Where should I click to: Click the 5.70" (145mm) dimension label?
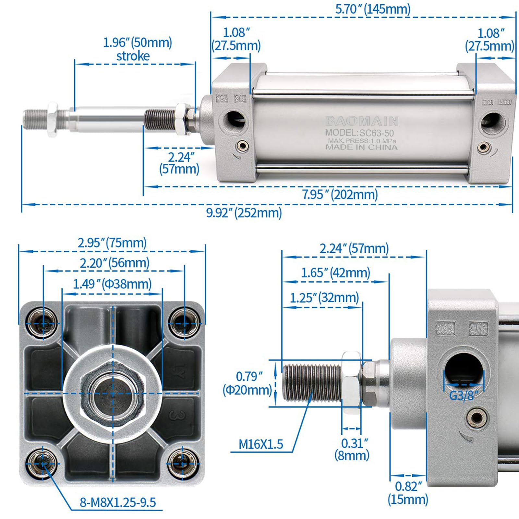coord(373,9)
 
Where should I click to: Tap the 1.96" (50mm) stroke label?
coord(137,49)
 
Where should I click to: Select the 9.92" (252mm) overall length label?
coord(244,213)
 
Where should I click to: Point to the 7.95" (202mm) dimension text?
coord(340,195)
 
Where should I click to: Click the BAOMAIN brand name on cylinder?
coord(362,121)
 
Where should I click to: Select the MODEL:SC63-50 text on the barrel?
coord(359,133)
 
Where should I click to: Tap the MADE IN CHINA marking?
coord(361,147)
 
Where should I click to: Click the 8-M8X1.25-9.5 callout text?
coord(118,502)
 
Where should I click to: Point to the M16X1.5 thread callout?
coord(261,444)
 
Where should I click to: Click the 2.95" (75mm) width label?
coord(112,243)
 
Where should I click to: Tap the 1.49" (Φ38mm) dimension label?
coord(112,284)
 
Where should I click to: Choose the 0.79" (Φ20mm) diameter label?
coord(247,383)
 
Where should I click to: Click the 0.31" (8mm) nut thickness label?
coord(352,449)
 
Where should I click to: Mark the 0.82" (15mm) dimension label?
coord(408,493)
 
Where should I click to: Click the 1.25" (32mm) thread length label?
coord(324,297)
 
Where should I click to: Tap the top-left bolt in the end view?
coord(43,323)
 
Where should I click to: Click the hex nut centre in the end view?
coord(113,393)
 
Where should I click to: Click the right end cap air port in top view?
coord(493,123)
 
